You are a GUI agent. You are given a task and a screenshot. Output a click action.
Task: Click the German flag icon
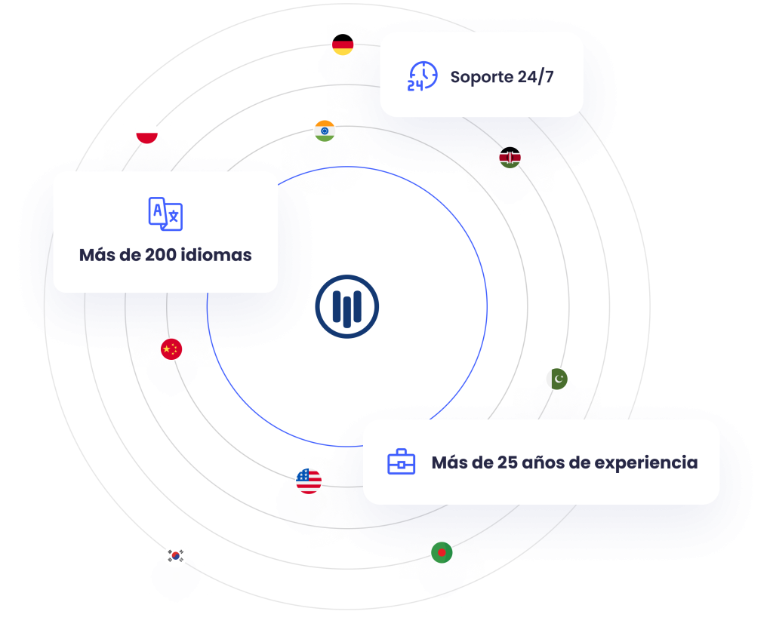coord(343,45)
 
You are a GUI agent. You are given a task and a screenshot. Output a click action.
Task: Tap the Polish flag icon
coord(147,133)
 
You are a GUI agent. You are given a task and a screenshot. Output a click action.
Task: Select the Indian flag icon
coord(325,131)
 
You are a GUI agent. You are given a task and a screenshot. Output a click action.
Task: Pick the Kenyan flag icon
coord(510,158)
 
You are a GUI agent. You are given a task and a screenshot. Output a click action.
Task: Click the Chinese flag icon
coord(171,349)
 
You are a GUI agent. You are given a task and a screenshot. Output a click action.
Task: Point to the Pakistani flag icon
coord(557,379)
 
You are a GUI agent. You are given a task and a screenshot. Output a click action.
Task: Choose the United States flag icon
coord(309,481)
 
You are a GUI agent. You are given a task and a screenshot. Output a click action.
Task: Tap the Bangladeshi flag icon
coord(442,552)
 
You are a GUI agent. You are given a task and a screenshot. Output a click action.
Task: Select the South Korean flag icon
coord(176,557)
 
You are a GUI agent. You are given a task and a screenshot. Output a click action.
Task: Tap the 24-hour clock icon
coord(422,76)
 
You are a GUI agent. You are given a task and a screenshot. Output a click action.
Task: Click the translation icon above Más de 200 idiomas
coord(165,213)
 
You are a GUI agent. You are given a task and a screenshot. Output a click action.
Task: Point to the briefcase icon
coord(401,462)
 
